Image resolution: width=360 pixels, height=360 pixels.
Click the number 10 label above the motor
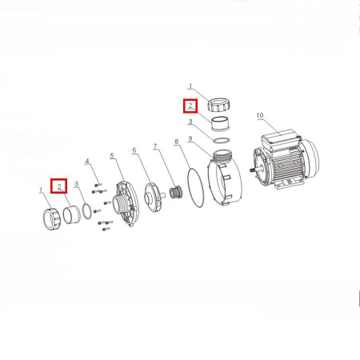(x=260, y=115)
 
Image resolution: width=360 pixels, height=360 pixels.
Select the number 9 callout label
(x=190, y=138)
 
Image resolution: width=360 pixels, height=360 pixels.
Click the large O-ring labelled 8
(x=196, y=187)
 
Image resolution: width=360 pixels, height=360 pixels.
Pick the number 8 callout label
(x=176, y=142)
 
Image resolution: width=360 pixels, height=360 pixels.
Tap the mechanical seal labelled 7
(x=175, y=194)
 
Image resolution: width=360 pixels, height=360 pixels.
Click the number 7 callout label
(x=155, y=146)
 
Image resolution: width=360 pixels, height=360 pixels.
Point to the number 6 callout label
(x=134, y=150)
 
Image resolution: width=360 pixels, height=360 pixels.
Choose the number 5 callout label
(x=112, y=155)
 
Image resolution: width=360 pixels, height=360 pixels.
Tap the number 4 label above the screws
(x=87, y=161)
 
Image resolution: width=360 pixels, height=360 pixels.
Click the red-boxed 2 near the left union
(x=59, y=186)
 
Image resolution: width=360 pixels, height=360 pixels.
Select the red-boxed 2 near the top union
(x=190, y=106)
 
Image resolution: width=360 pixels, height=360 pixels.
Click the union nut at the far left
(x=52, y=218)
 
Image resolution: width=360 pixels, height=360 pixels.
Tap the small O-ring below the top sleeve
(x=221, y=140)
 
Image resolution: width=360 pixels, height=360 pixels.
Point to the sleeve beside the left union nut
(x=72, y=215)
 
